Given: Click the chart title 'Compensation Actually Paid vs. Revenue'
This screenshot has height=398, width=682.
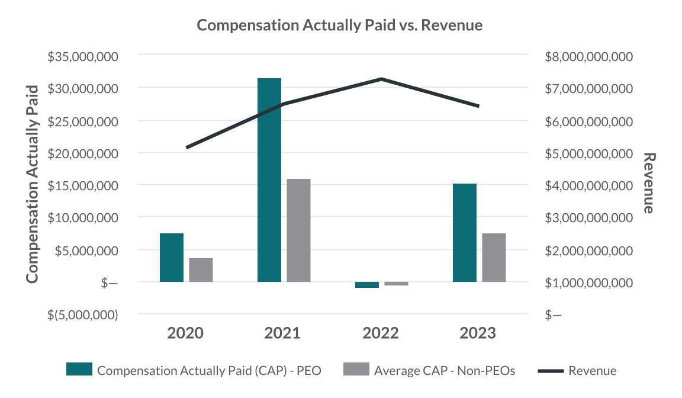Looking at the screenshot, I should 340,25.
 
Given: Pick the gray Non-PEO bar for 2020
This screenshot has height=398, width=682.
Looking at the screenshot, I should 201,269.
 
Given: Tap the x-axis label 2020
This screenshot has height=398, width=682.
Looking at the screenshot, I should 185,333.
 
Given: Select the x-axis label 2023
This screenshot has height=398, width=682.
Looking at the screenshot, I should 478,333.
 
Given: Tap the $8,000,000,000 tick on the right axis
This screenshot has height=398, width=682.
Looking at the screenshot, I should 589,56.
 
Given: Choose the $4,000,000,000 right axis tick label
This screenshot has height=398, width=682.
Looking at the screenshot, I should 589,185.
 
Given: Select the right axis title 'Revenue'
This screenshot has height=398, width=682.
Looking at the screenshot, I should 649,184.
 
